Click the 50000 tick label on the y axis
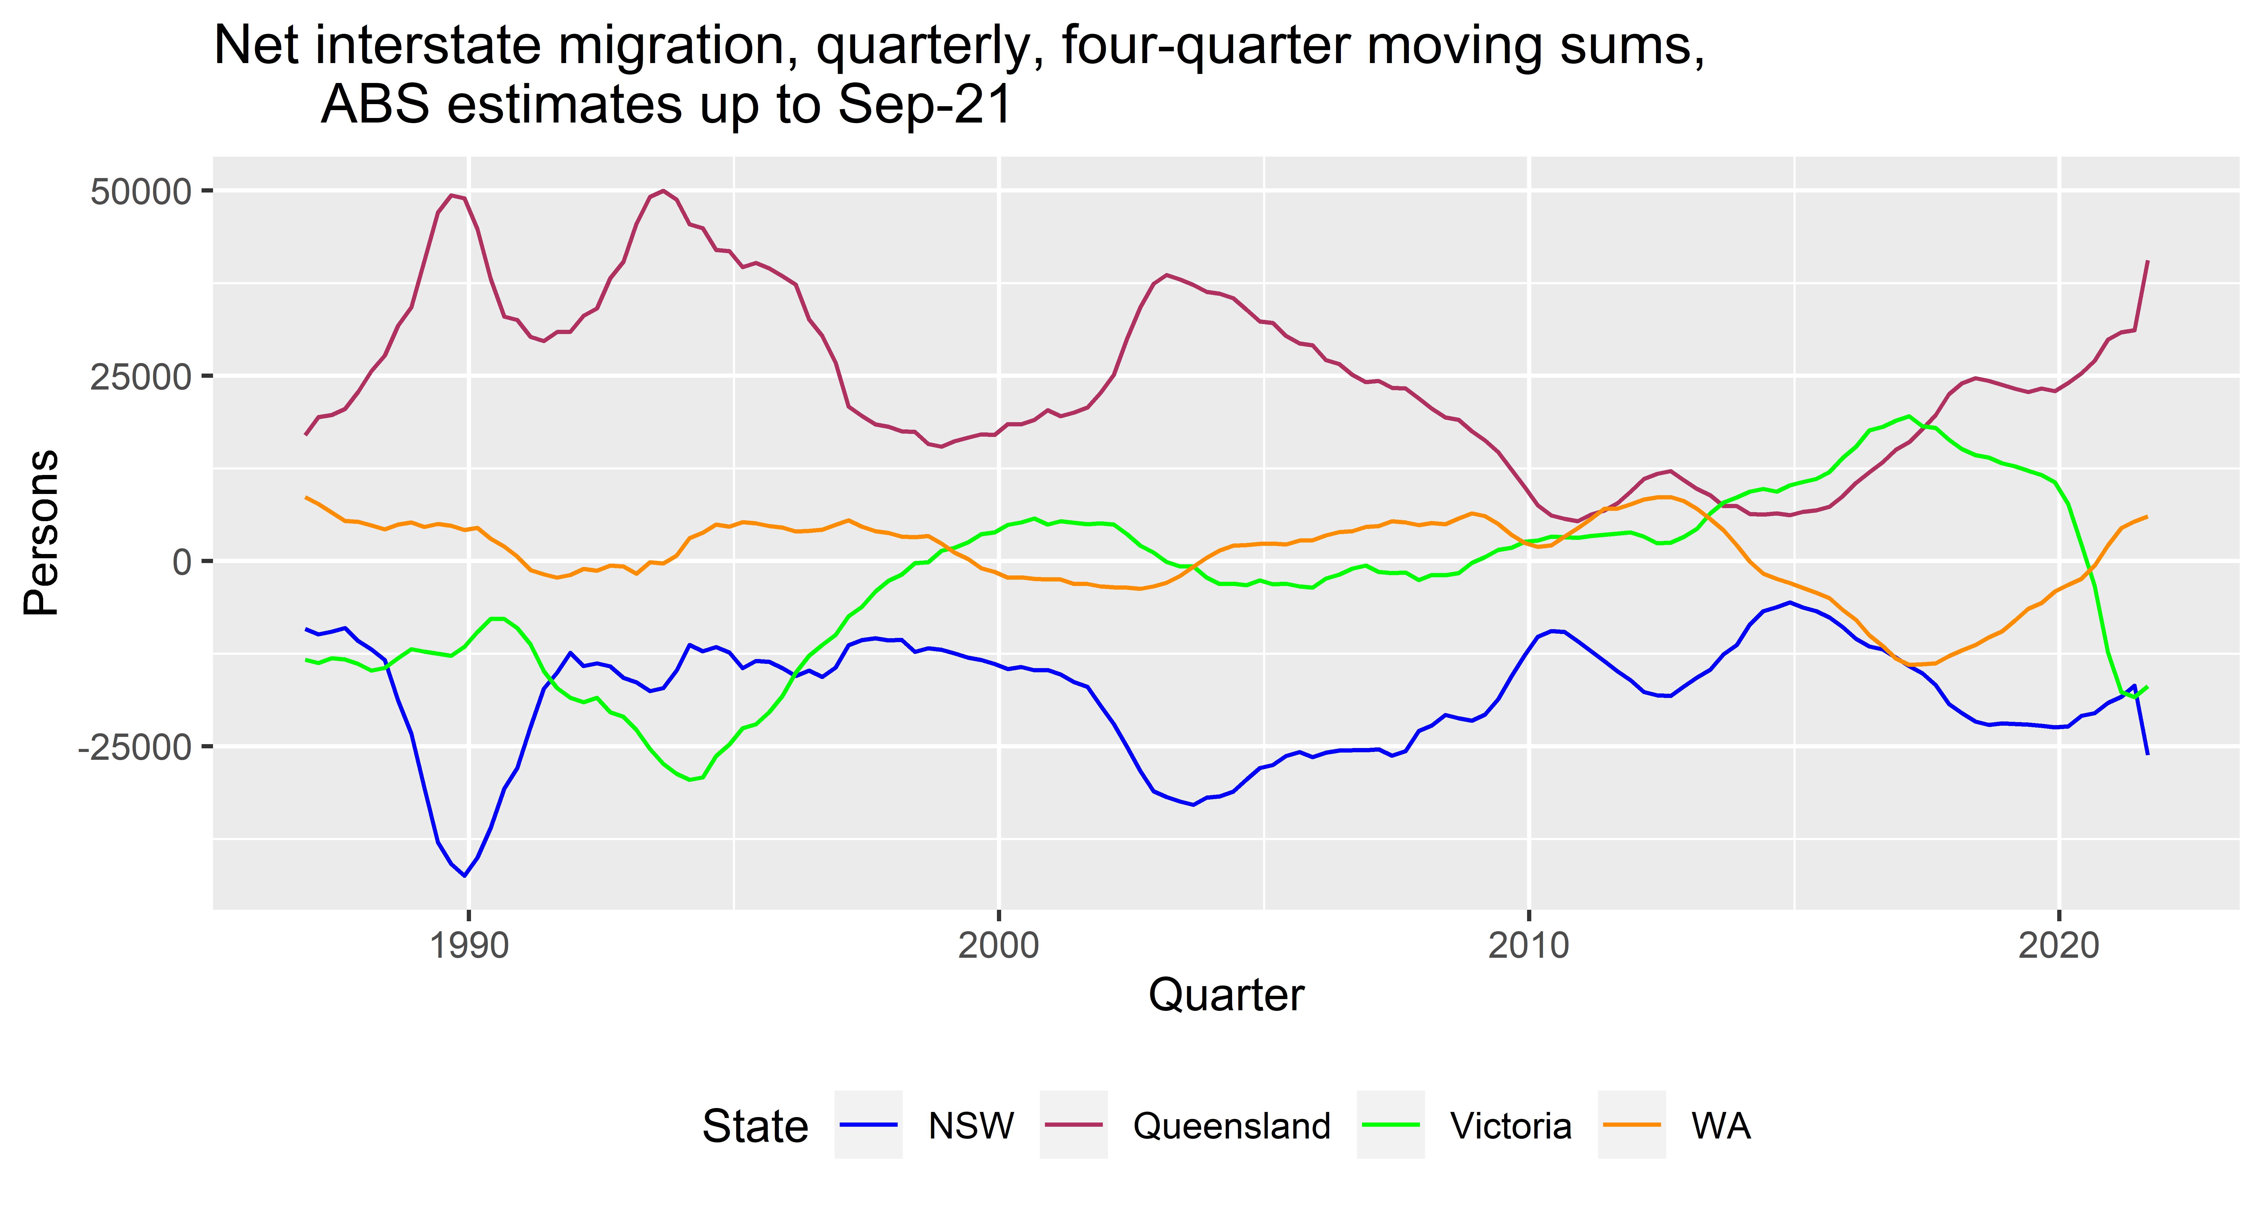click(x=141, y=192)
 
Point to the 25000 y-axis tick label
click(x=141, y=377)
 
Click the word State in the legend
click(x=755, y=1126)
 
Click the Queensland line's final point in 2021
click(x=2147, y=261)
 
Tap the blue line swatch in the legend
click(x=868, y=1124)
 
